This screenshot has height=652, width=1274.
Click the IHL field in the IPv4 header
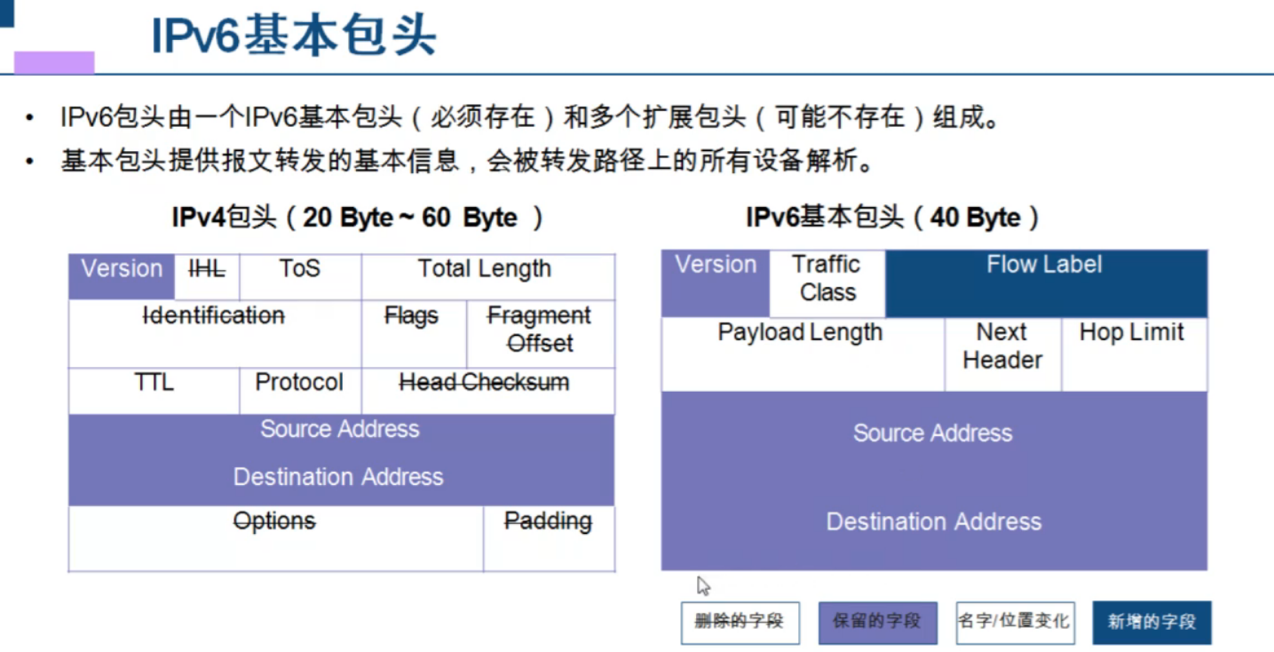pos(207,276)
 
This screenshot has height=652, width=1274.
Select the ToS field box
pos(300,276)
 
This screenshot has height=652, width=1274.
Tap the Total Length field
pos(487,276)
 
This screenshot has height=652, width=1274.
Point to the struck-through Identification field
pos(214,333)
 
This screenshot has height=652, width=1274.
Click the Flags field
pos(413,333)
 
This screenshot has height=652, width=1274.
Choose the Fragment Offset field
pos(540,333)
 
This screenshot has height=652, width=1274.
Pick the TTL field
pos(154,391)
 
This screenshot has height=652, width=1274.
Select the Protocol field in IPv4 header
pos(300,391)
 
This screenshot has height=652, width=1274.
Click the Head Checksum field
pos(487,391)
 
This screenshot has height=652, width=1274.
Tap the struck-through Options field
pos(275,537)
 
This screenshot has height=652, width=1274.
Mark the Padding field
pos(549,537)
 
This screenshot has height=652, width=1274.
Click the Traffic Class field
pos(827,283)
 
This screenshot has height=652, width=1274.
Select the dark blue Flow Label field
pos(1046,283)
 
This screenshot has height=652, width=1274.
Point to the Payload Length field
pos(802,354)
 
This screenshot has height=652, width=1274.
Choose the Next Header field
pos(1002,354)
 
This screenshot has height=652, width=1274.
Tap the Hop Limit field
pos(1133,354)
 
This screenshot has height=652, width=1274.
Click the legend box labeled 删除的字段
pos(739,622)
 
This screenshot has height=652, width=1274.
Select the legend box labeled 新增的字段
pos(1151,622)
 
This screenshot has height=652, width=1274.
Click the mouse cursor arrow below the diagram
pos(703,585)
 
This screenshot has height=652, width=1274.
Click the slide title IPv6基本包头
pos(294,37)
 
